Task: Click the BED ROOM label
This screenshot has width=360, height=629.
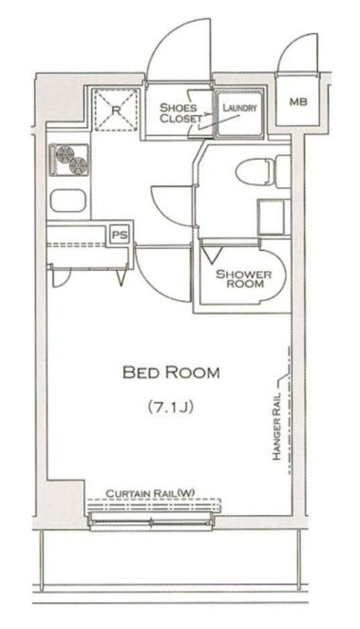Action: coord(171,372)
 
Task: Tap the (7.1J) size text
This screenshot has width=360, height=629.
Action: coord(171,407)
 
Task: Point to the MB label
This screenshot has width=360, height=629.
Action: coord(298,102)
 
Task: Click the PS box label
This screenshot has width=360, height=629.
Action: coord(120,235)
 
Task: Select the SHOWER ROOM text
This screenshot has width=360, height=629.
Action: coord(243,278)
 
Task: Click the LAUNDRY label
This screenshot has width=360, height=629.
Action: coord(239,108)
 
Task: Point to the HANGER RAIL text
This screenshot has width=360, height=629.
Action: coord(277,426)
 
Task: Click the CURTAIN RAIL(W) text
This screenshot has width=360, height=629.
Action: coord(150,493)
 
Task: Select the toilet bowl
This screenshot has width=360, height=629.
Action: coord(255,172)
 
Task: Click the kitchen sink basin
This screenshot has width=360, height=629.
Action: coord(68,200)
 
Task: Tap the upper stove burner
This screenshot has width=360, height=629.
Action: coord(65,153)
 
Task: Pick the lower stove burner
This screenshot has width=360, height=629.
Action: coord(78,165)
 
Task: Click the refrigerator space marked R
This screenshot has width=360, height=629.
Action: coord(116,110)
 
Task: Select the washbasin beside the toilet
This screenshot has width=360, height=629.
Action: coord(272,217)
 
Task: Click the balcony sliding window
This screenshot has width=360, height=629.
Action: coord(150,522)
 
